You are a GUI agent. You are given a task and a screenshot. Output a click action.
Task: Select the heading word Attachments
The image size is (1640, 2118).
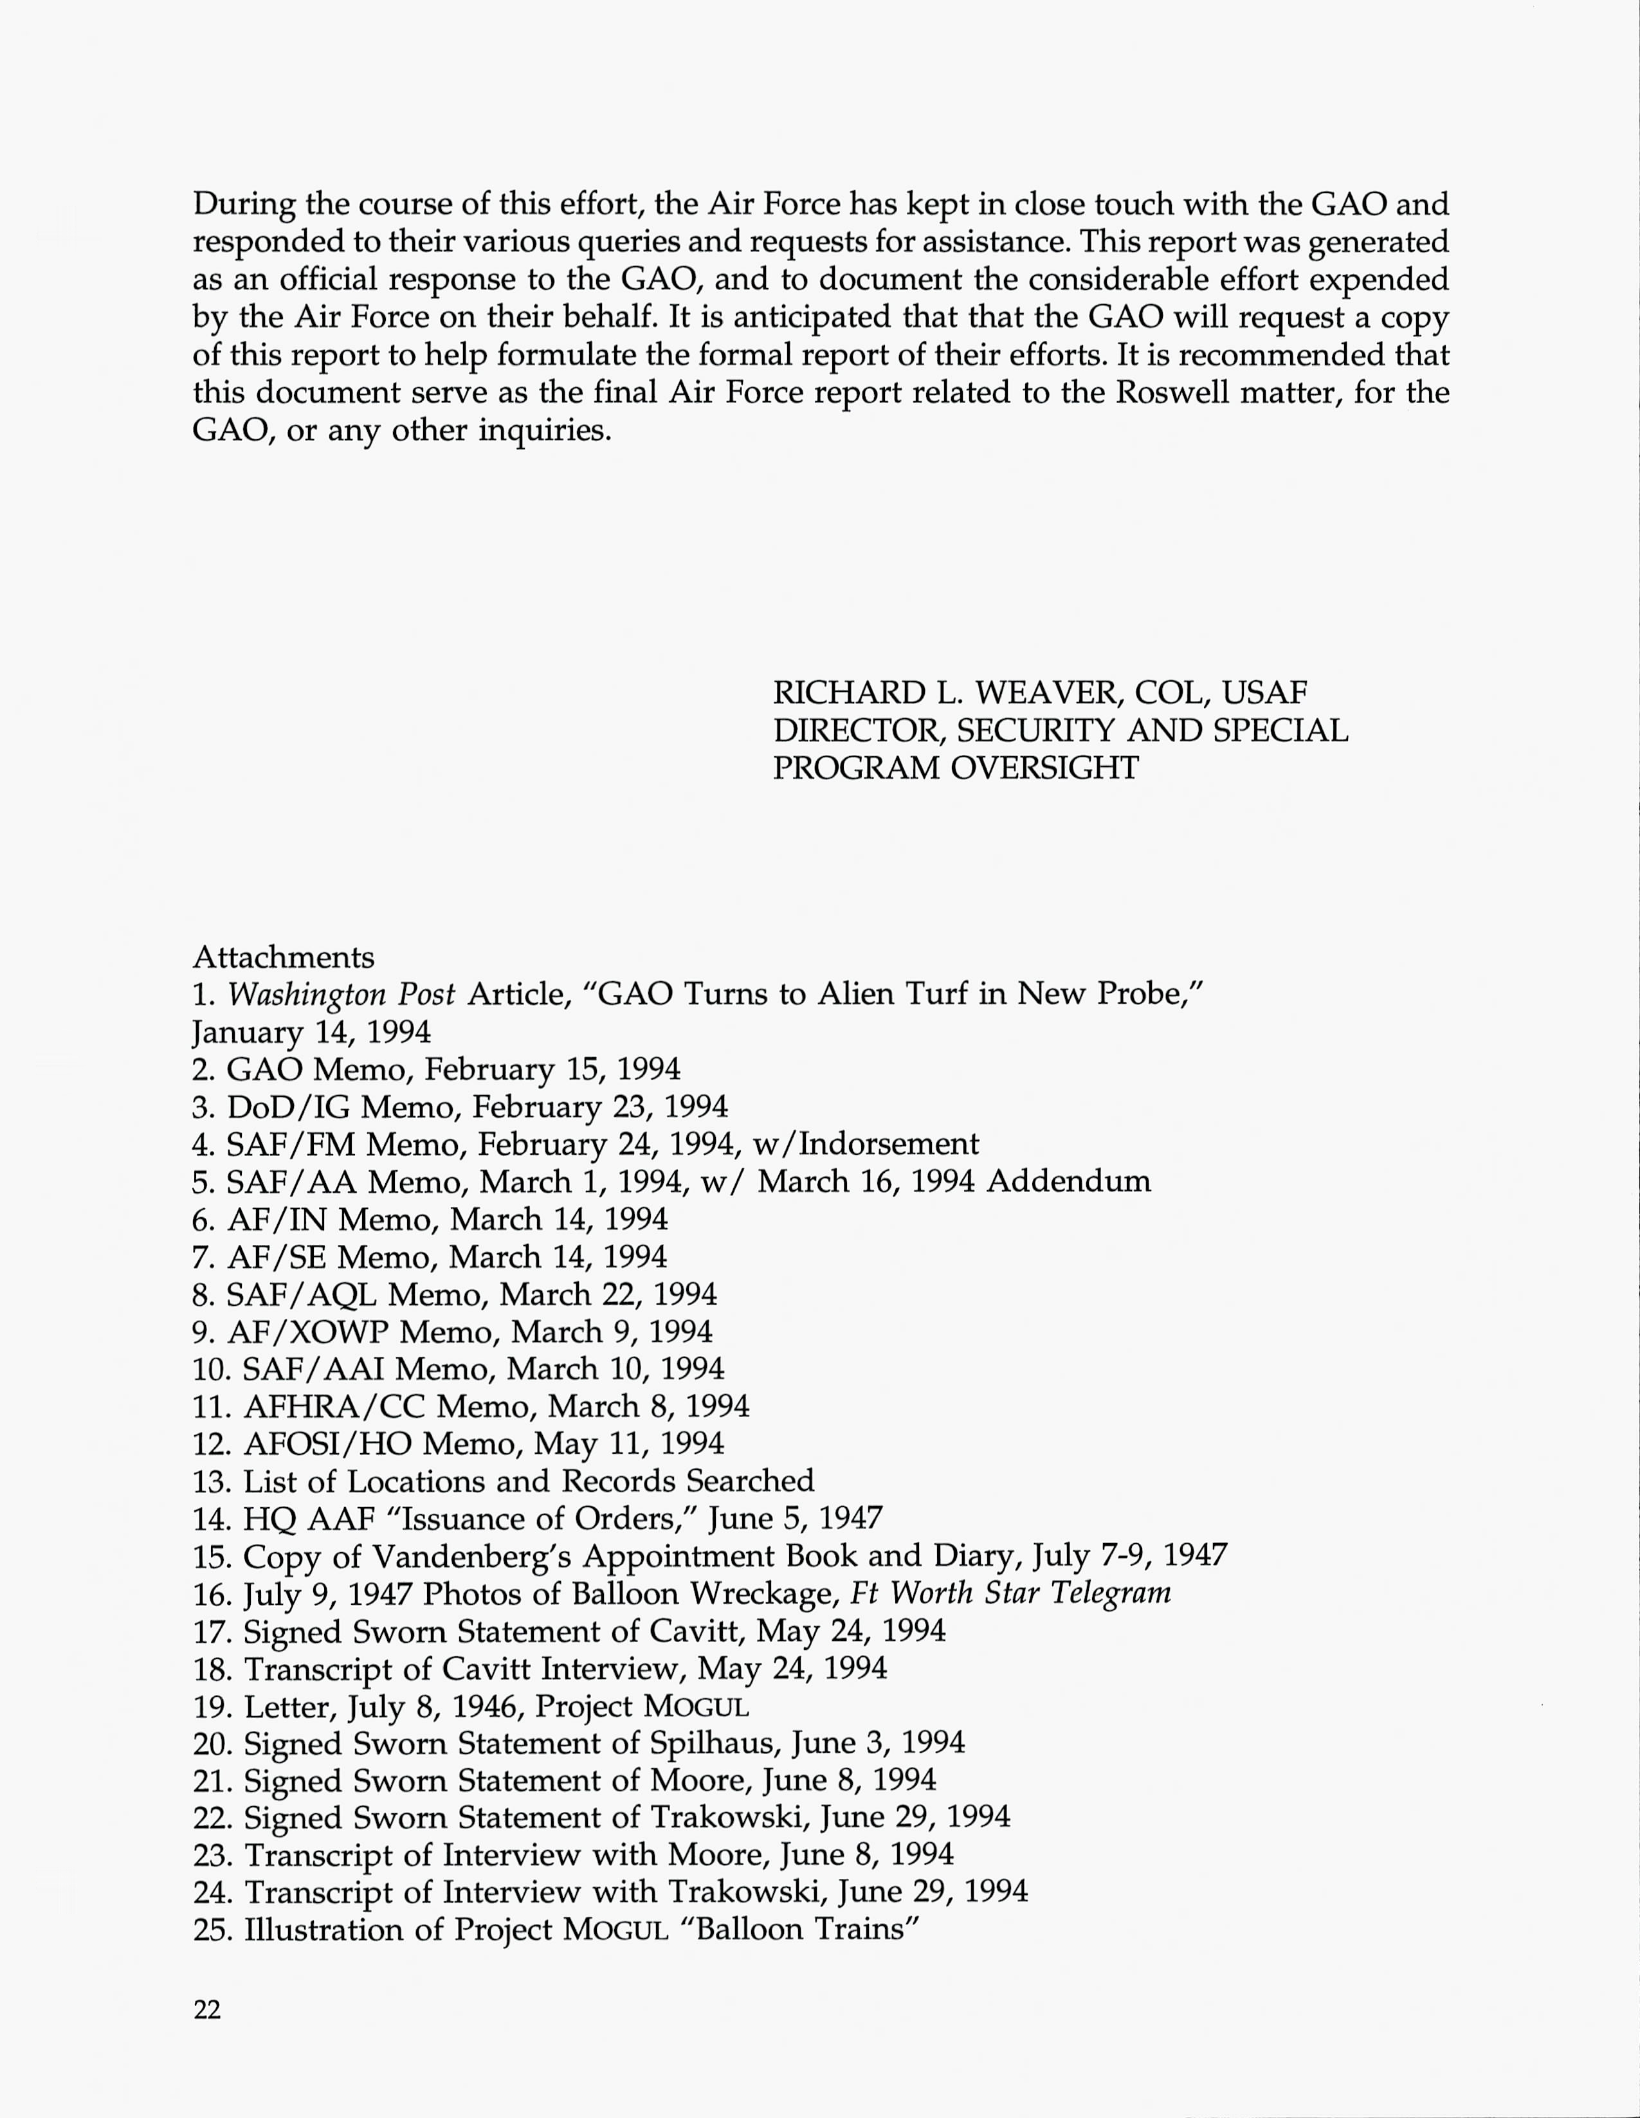point(283,957)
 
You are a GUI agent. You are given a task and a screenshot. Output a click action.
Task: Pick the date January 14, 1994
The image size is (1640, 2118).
point(311,1032)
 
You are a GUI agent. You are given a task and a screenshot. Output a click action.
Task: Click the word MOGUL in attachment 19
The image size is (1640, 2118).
point(697,1707)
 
